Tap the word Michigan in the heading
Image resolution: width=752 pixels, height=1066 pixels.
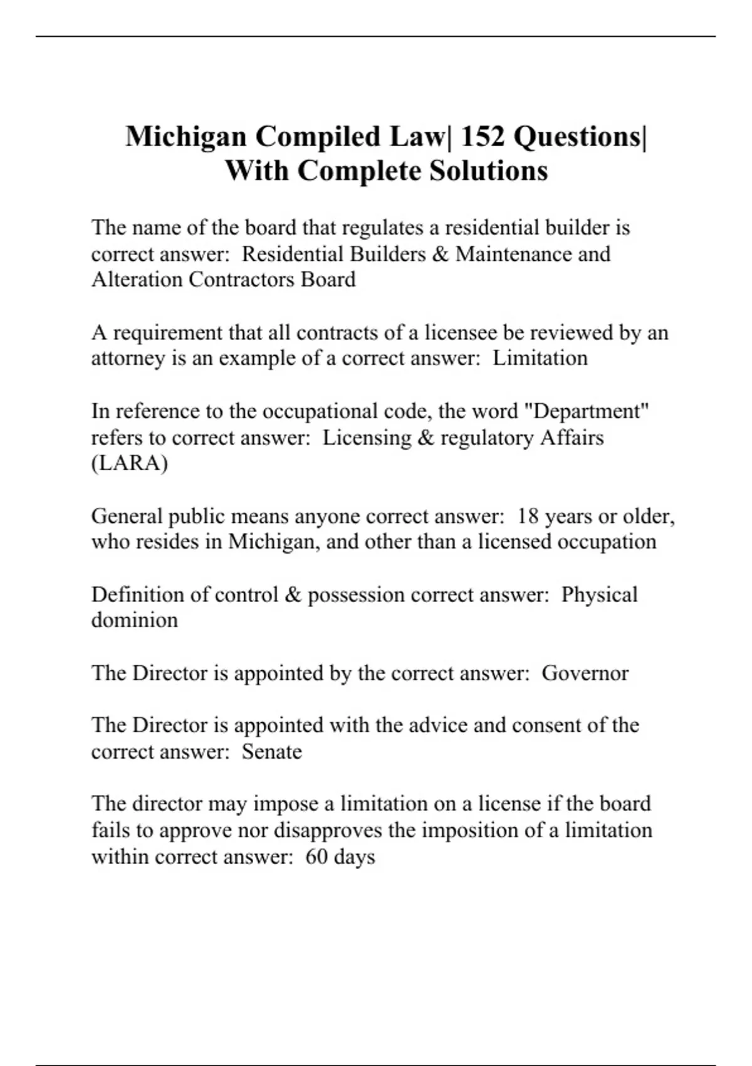[x=185, y=137]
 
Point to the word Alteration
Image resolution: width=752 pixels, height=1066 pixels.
[x=137, y=279]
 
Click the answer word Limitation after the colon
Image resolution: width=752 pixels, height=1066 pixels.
[x=540, y=358]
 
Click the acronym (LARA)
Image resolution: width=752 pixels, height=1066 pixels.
[x=129, y=463]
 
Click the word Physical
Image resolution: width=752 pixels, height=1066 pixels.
[x=599, y=594]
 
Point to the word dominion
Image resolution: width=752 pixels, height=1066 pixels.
[x=134, y=620]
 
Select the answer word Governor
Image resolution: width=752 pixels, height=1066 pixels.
[x=585, y=673]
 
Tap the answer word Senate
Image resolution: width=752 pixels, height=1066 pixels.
[x=271, y=751]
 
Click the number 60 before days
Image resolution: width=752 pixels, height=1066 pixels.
[x=316, y=857]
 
